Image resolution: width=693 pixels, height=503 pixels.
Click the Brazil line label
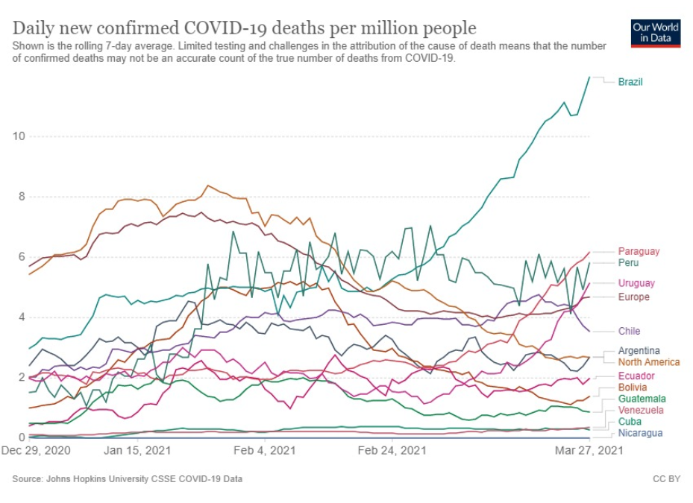pyautogui.click(x=630, y=82)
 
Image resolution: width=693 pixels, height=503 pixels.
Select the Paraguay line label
pyautogui.click(x=639, y=252)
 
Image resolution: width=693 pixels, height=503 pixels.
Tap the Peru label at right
pyautogui.click(x=628, y=263)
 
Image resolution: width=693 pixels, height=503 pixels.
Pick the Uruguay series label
pyautogui.click(x=636, y=283)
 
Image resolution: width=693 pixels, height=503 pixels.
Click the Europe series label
pyautogui.click(x=633, y=297)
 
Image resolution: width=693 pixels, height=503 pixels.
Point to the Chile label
pyautogui.click(x=629, y=331)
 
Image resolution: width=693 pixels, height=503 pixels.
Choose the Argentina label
pyautogui.click(x=639, y=351)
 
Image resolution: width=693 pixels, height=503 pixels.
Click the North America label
pyautogui.click(x=649, y=362)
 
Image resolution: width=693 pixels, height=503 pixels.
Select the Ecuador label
pyautogui.click(x=636, y=376)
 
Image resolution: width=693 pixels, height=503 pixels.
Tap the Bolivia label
pyautogui.click(x=633, y=387)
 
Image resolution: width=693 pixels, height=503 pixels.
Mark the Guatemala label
pyautogui.click(x=642, y=399)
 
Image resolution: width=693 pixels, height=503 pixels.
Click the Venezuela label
pyautogui.click(x=642, y=411)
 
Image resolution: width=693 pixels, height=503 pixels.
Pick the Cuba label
pyautogui.click(x=629, y=423)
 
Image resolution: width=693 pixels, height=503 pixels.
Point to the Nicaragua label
pyautogui.click(x=640, y=434)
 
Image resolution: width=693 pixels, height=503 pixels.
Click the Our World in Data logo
pyautogui.click(x=656, y=32)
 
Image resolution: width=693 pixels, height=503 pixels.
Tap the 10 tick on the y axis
pyautogui.click(x=19, y=136)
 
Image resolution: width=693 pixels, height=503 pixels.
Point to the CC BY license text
pyautogui.click(x=665, y=479)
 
